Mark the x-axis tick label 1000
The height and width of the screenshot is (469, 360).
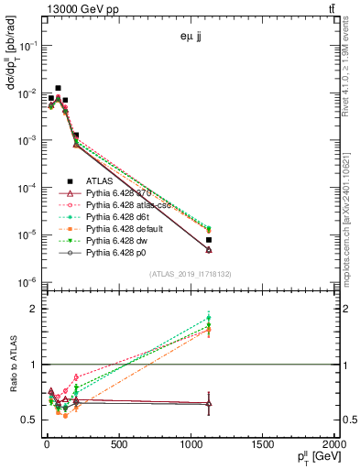click(x=191, y=444)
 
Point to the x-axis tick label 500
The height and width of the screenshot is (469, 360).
click(x=118, y=444)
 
